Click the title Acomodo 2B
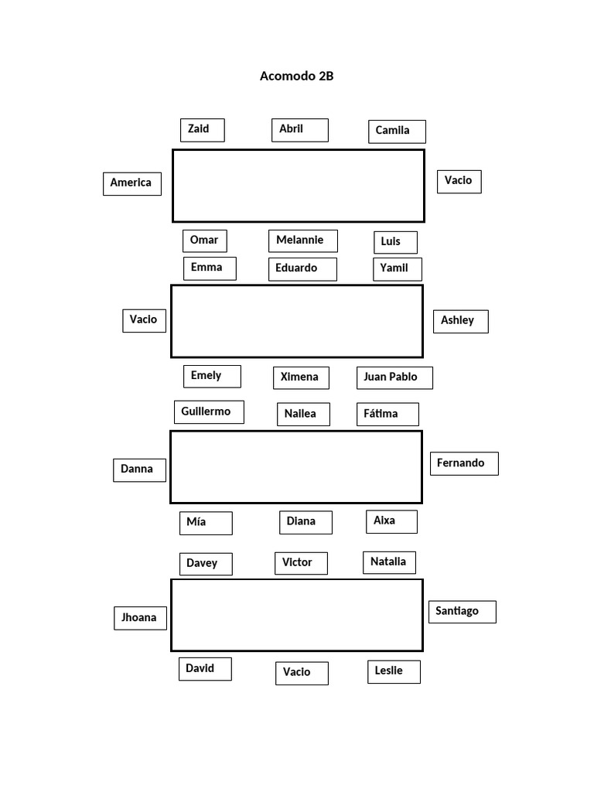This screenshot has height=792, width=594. click(x=296, y=76)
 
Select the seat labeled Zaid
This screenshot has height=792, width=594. click(x=203, y=130)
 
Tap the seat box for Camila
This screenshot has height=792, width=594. click(x=397, y=131)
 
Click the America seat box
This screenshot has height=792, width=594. click(x=132, y=184)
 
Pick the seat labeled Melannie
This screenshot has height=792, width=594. click(x=303, y=241)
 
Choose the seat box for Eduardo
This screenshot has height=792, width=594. click(x=302, y=269)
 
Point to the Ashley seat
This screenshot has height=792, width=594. click(x=461, y=321)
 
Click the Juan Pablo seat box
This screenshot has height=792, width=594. click(x=394, y=377)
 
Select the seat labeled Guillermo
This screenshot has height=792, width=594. click(x=209, y=412)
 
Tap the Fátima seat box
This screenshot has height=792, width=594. click(x=387, y=415)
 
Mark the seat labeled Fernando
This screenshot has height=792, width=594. click(x=464, y=464)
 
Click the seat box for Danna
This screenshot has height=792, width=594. click(x=139, y=470)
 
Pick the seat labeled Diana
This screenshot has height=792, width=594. click(x=306, y=522)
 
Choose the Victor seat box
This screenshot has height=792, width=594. click(x=301, y=563)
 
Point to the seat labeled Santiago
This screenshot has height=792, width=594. click(x=463, y=612)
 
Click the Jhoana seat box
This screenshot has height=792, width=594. click(x=141, y=618)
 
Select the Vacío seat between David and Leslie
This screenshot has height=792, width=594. click(x=302, y=674)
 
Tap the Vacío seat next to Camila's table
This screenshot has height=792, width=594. click(x=459, y=182)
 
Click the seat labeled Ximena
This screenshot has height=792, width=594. click(x=301, y=377)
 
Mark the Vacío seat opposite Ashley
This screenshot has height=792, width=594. click(x=144, y=321)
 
